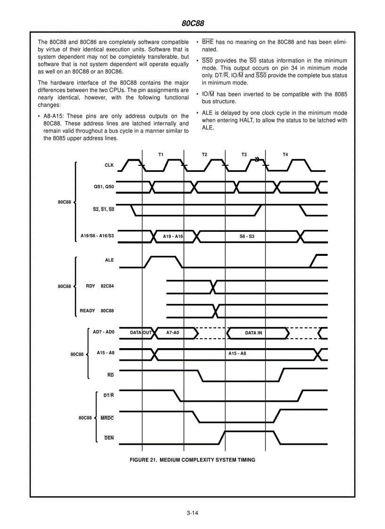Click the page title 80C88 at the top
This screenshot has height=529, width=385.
click(192, 23)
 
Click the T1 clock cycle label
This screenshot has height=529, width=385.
click(161, 155)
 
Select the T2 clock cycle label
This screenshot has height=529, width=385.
click(204, 155)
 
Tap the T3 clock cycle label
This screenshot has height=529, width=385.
click(244, 155)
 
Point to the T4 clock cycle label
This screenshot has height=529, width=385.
click(285, 155)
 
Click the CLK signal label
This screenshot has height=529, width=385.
click(109, 165)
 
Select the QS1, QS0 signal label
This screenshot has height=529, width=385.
click(104, 187)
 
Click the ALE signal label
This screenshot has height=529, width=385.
click(109, 260)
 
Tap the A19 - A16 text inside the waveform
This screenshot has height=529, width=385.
click(173, 236)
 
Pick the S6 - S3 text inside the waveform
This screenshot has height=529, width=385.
click(247, 236)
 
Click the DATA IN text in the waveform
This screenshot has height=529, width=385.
click(253, 333)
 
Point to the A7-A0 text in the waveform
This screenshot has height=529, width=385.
click(173, 333)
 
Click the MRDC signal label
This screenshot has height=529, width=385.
click(107, 418)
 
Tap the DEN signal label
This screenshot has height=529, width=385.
click(109, 438)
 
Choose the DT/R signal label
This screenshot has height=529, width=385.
click(109, 395)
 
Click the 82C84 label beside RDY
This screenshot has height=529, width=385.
click(107, 286)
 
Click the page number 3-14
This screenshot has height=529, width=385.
click(192, 513)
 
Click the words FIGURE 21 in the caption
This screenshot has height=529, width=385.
click(143, 460)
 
